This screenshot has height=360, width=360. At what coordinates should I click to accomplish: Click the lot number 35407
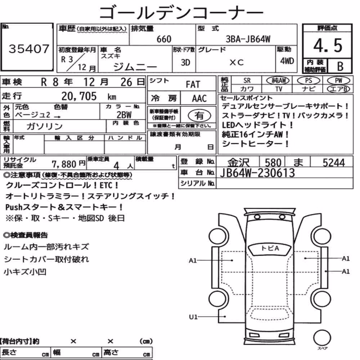(29, 49)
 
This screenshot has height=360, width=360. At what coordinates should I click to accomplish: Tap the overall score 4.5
(328, 45)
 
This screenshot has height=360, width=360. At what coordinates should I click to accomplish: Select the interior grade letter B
(340, 66)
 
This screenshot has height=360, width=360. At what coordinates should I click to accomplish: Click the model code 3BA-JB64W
(248, 39)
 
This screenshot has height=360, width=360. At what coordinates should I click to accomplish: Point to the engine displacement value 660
(164, 39)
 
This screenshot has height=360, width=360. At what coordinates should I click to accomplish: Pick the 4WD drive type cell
(287, 61)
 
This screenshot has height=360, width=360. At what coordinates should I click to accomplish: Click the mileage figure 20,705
(79, 96)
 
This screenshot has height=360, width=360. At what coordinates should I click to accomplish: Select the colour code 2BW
(124, 115)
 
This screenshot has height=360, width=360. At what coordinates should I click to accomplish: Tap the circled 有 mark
(199, 116)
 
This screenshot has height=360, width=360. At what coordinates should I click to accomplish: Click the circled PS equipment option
(309, 80)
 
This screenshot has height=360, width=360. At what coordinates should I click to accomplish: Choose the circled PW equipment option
(338, 80)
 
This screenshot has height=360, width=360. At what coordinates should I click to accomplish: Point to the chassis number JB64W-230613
(257, 173)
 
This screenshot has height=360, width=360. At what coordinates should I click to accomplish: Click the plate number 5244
(334, 163)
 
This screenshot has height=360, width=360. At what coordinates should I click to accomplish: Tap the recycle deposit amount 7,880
(64, 164)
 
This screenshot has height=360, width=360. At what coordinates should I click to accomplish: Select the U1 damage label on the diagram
(193, 317)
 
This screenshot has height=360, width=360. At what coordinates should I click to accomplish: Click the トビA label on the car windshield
(270, 248)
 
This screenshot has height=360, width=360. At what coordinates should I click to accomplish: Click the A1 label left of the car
(193, 261)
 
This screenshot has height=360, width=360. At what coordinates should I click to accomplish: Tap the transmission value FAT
(193, 85)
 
